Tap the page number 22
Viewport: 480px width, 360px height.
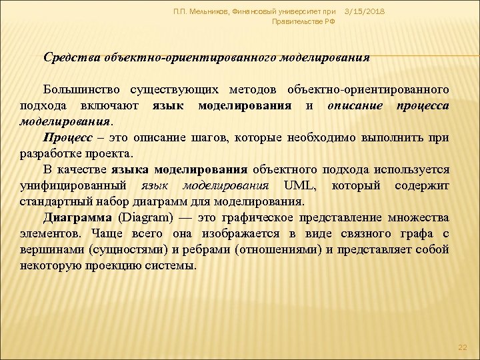464,349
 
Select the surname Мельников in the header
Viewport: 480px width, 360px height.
203,12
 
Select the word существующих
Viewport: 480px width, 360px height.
178,89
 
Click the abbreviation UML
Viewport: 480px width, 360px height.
297,185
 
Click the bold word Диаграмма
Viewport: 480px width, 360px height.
77,217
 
